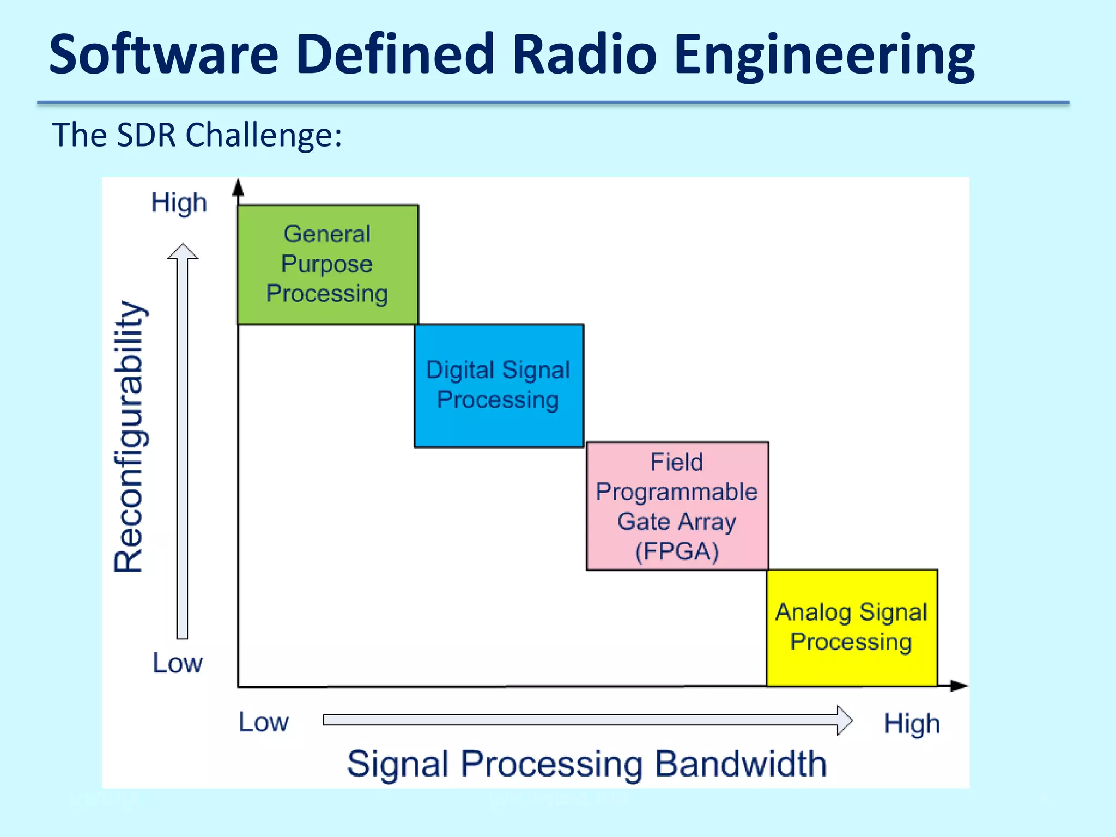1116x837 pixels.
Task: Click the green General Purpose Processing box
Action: click(327, 265)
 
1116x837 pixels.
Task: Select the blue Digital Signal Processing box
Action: click(499, 386)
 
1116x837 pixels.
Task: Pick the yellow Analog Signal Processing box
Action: click(851, 628)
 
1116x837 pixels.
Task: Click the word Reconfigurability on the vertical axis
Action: click(129, 436)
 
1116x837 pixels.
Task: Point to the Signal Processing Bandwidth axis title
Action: click(586, 764)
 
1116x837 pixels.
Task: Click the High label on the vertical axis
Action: click(179, 203)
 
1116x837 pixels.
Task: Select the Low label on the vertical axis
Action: click(177, 663)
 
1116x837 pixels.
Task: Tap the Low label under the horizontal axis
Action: click(264, 723)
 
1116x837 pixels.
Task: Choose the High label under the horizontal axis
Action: click(912, 724)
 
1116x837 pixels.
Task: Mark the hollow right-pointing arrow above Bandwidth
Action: click(587, 720)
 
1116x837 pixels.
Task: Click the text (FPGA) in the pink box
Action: click(677, 551)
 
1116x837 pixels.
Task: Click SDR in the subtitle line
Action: click(146, 135)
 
